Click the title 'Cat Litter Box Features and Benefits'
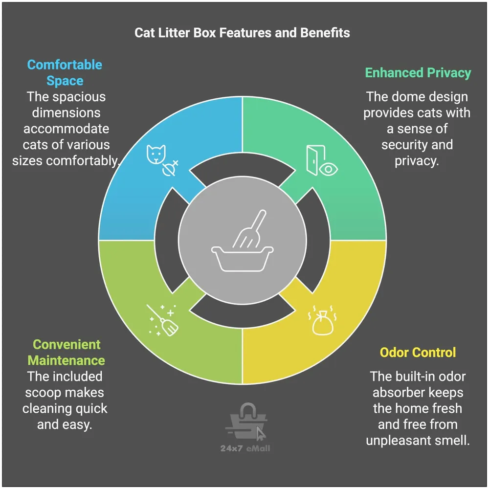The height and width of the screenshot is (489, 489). coord(242,33)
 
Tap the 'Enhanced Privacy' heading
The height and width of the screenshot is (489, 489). coord(418,73)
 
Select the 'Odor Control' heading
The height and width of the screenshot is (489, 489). coord(418,352)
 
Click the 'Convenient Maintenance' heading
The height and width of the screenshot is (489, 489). coord(66,353)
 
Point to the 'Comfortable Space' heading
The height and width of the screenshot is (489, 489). coord(65,72)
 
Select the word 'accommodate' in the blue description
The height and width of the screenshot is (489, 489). coord(66,129)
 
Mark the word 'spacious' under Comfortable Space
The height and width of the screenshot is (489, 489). coord(79,96)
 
